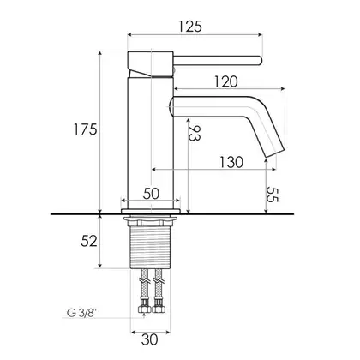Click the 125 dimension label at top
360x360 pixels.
(x=190, y=27)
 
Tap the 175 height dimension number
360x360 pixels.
(x=86, y=129)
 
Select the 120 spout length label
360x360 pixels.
(x=225, y=81)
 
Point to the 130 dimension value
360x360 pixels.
(x=231, y=162)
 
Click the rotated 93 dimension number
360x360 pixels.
(x=195, y=133)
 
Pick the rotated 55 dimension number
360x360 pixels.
(x=272, y=195)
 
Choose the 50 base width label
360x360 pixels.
(x=151, y=194)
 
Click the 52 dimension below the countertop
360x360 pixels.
(x=89, y=241)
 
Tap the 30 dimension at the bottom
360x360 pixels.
(x=149, y=339)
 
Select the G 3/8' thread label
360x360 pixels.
(x=81, y=313)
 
